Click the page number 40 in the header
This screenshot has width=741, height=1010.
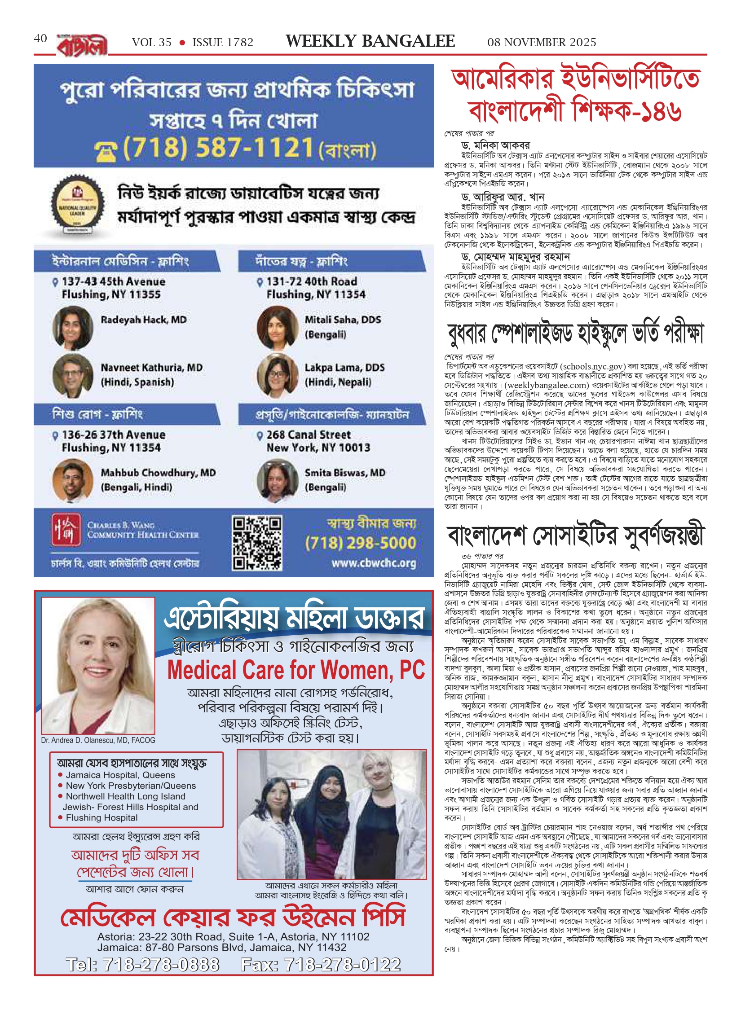coord(40,39)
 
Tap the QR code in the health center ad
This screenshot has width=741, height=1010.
coord(257,543)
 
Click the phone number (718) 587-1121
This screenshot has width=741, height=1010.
coord(218,148)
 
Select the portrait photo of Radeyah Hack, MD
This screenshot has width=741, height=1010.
coord(73,327)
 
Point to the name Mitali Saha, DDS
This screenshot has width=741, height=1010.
coord(343,320)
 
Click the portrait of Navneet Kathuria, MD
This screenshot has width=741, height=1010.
coord(73,375)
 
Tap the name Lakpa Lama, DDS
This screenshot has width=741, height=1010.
coord(344,367)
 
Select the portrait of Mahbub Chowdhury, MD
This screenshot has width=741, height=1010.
coord(73,480)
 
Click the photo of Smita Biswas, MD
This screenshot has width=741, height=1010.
coord(278,480)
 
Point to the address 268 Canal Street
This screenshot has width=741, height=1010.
coord(309,435)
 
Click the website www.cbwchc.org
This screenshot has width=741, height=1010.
coord(374,563)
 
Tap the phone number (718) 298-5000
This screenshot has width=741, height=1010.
coord(360,543)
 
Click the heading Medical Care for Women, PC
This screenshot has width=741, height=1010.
coord(296,670)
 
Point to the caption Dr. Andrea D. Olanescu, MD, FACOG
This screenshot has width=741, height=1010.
coord(98,740)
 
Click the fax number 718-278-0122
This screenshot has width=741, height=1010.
coord(321,964)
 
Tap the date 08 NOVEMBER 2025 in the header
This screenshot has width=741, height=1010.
coord(542,42)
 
